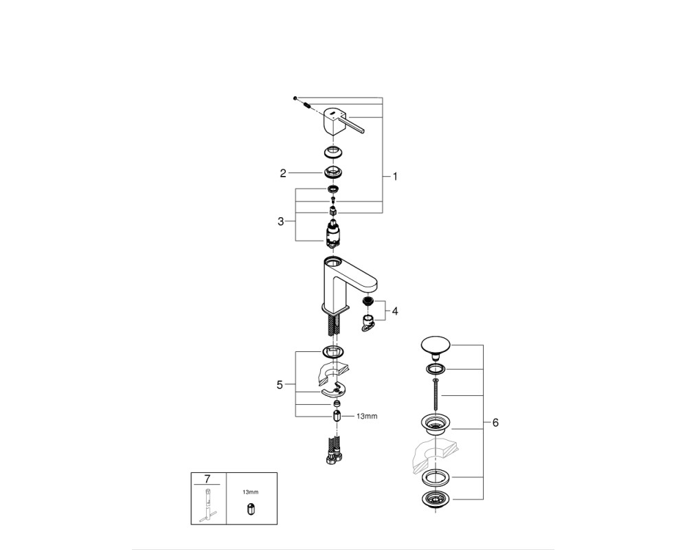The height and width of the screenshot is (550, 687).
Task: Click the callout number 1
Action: [x=395, y=177]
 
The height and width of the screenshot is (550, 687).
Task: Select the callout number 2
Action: [x=283, y=173]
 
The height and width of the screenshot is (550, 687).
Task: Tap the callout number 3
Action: [x=280, y=221]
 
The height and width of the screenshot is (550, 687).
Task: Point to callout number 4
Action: [x=395, y=311]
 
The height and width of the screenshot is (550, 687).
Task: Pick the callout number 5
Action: [x=280, y=384]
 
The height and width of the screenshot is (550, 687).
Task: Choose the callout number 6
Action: [x=495, y=422]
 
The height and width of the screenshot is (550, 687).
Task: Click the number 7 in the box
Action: [x=207, y=478]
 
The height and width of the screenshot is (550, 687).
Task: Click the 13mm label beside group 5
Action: [x=367, y=416]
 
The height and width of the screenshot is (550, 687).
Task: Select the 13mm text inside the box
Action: [x=251, y=492]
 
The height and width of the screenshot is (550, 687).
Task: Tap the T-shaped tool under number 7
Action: [x=208, y=505]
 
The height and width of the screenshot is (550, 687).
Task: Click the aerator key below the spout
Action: [x=368, y=322]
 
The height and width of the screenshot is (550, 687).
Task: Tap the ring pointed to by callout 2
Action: [x=333, y=172]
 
